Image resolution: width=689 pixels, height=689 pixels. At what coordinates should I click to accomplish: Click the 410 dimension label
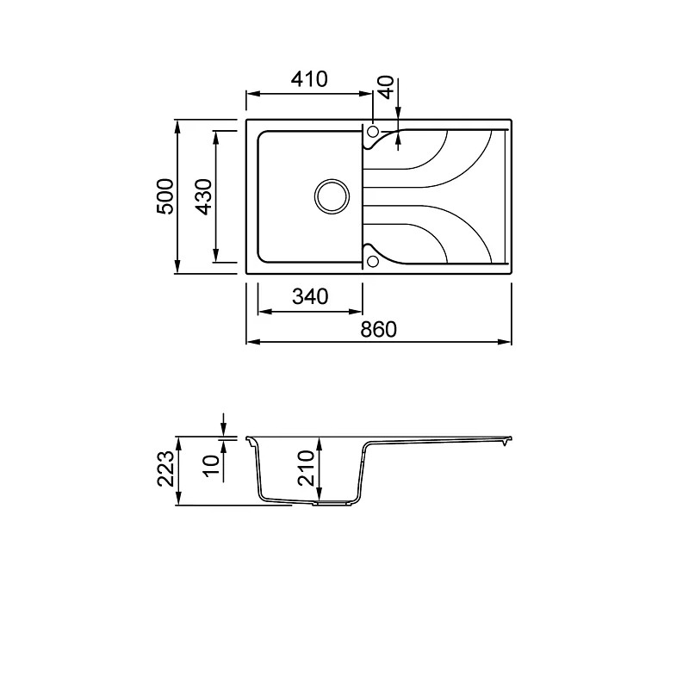(x=310, y=79)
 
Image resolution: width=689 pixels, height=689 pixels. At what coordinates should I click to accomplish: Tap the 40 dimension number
(x=386, y=88)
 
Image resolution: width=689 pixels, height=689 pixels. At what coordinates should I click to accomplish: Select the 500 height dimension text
(x=165, y=196)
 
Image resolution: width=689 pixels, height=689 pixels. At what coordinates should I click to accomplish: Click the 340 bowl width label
(x=310, y=296)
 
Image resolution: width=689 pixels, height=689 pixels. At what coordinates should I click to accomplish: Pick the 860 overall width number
(x=378, y=329)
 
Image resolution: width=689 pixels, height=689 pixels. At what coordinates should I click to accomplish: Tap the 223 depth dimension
(x=166, y=469)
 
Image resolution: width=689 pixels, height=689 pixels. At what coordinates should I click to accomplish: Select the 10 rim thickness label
(x=211, y=465)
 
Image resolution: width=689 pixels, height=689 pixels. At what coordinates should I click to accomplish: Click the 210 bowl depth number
(x=307, y=468)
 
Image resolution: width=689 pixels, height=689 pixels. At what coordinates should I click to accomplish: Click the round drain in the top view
(x=332, y=196)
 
